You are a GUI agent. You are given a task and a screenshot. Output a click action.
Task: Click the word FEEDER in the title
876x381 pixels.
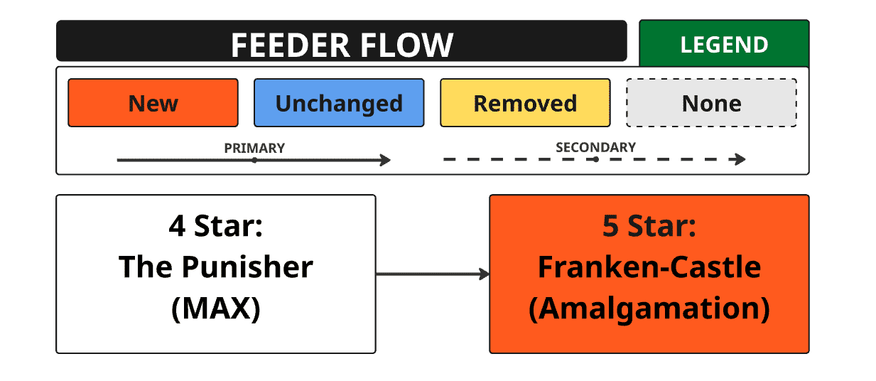(x=290, y=45)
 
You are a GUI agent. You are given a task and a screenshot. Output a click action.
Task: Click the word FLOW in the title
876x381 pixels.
(x=406, y=45)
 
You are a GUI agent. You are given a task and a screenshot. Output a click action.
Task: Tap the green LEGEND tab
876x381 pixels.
(x=724, y=43)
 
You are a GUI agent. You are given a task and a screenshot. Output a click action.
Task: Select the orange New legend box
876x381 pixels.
(x=153, y=103)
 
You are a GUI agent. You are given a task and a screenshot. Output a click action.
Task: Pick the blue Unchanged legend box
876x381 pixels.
(x=339, y=103)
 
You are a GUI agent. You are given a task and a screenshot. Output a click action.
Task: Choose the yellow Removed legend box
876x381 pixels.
(x=525, y=103)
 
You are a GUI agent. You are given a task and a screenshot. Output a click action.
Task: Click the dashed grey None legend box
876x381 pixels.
(x=711, y=103)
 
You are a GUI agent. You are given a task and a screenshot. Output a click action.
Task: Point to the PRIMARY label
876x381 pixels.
(x=254, y=149)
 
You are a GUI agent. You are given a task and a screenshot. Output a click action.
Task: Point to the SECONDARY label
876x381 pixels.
(x=595, y=147)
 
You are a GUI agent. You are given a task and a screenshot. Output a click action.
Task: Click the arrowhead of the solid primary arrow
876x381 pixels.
(x=386, y=160)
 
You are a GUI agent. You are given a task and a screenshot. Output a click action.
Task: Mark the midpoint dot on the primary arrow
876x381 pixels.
(x=254, y=160)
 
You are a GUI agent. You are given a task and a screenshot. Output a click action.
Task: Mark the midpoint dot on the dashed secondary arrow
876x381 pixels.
(x=595, y=159)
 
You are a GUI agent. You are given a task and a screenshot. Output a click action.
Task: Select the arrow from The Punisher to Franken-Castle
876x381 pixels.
(x=433, y=274)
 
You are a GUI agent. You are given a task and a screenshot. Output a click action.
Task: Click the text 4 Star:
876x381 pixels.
(x=216, y=226)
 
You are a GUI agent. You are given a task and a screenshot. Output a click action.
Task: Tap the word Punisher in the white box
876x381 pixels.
(x=247, y=267)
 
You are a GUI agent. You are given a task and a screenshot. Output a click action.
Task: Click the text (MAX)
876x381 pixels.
(x=216, y=309)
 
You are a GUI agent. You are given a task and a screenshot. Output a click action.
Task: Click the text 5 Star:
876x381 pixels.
(x=649, y=226)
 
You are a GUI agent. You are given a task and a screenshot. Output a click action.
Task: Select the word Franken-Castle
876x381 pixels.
(x=649, y=267)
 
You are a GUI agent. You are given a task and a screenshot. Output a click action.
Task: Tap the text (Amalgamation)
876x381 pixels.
(x=649, y=309)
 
